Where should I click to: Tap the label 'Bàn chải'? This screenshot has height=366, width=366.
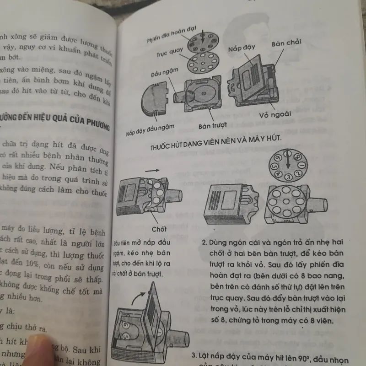[x=285, y=44]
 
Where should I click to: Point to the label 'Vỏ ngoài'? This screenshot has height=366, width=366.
[x=274, y=114]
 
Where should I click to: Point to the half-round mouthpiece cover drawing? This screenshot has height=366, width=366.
[x=156, y=98]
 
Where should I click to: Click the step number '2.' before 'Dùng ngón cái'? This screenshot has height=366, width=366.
[x=205, y=240]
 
